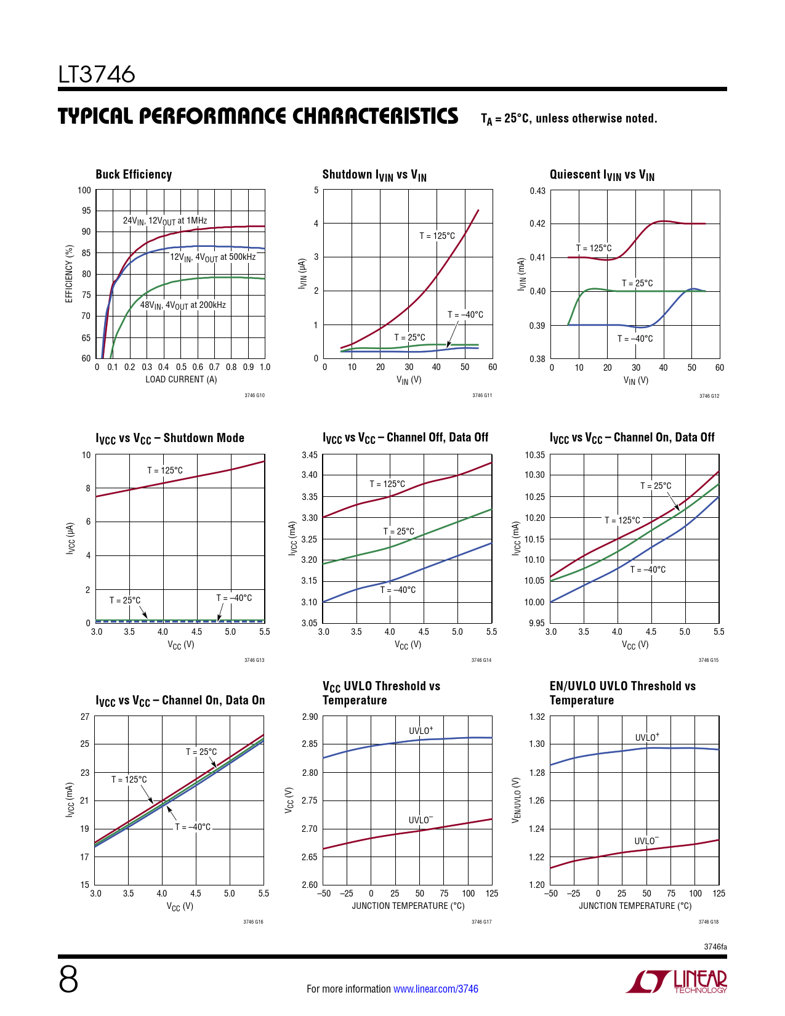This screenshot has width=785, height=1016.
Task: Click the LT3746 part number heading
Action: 97,75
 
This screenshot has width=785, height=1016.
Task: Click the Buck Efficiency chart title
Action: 134,175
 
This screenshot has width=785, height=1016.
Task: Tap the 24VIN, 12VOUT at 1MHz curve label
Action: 165,221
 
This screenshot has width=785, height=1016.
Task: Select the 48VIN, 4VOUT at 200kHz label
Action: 183,305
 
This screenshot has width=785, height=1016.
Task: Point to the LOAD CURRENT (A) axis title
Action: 181,380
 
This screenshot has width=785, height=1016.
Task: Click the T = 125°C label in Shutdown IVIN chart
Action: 437,236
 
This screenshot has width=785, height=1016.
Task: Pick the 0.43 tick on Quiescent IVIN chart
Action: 537,191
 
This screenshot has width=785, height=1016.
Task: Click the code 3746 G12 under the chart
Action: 709,396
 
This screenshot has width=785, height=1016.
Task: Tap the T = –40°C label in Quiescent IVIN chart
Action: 635,339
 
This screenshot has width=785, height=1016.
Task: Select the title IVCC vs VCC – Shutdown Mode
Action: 170,438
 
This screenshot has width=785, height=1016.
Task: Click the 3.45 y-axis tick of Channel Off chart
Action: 310,456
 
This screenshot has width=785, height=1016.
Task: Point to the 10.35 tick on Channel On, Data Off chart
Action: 534,456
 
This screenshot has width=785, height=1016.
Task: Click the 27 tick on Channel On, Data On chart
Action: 85,717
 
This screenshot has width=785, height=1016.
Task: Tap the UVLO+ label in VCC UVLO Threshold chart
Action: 421,731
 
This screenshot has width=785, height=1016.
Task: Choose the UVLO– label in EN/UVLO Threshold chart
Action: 646,841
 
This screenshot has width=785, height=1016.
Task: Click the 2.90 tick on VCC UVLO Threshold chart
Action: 310,717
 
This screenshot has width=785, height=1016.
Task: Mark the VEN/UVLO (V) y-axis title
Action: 517,800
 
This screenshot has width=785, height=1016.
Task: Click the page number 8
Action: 68,979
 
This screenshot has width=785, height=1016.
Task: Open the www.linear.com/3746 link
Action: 436,989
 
